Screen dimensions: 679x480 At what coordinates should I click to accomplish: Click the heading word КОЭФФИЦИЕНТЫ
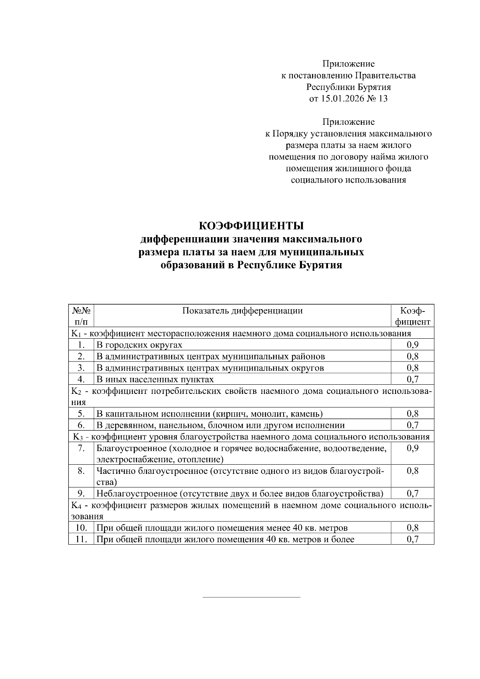[x=251, y=226]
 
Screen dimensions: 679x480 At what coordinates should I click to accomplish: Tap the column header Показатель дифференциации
[x=242, y=311]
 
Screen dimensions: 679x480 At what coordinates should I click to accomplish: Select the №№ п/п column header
[x=81, y=316]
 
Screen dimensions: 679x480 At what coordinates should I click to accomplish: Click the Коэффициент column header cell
[x=412, y=316]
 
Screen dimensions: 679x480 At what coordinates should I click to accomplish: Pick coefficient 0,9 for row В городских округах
[x=412, y=345]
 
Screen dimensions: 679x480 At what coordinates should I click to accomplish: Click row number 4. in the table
[x=81, y=379]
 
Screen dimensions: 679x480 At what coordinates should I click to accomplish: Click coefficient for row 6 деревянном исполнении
[x=412, y=425]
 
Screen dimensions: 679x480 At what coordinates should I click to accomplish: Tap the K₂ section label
[x=77, y=391]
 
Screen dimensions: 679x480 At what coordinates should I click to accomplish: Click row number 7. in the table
[x=81, y=448]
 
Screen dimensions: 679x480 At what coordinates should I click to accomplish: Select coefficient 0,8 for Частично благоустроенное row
[x=412, y=471]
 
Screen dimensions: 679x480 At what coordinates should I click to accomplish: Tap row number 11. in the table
[x=81, y=539]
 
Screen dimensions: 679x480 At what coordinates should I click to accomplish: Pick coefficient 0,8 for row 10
[x=412, y=528]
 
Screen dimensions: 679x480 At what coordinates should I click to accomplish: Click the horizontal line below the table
[x=251, y=597]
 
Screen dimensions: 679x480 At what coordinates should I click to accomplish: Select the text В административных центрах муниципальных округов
[x=210, y=367]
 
